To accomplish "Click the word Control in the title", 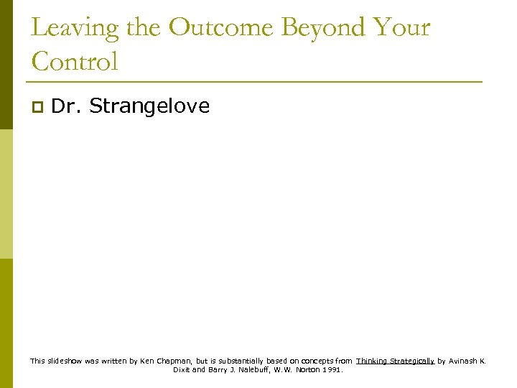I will pyautogui.click(x=74, y=62).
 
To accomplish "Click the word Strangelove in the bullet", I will pyautogui.click(x=149, y=106).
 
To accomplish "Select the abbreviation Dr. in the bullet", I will pyautogui.click(x=67, y=106).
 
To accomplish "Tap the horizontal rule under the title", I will pyautogui.click(x=256, y=82).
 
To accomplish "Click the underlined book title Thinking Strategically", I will pyautogui.click(x=395, y=361).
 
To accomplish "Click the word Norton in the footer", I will pyautogui.click(x=306, y=370).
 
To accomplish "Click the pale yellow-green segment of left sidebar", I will pyautogui.click(x=6, y=194).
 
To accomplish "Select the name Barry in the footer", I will pyautogui.click(x=218, y=370).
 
